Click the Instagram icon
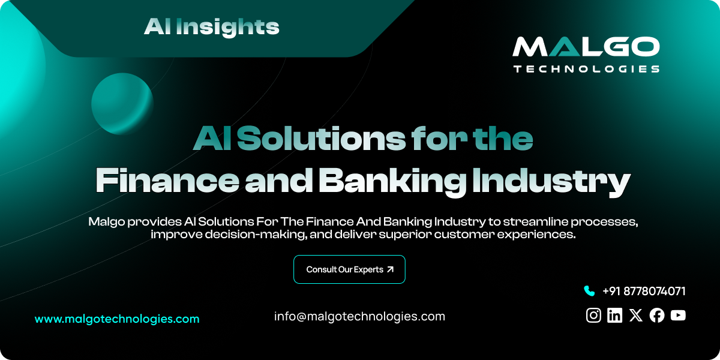pyautogui.click(x=593, y=315)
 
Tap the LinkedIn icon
pyautogui.click(x=614, y=315)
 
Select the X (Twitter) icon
pyautogui.click(x=636, y=315)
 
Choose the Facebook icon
pyautogui.click(x=657, y=315)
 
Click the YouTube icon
pyautogui.click(x=678, y=315)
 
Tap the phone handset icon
pyautogui.click(x=589, y=291)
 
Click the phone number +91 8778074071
pyautogui.click(x=644, y=291)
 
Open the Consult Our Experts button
pyautogui.click(x=349, y=269)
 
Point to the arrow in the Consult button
pyautogui.click(x=390, y=269)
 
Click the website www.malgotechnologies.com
pyautogui.click(x=117, y=319)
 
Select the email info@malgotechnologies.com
pyautogui.click(x=359, y=316)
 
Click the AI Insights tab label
pyautogui.click(x=211, y=26)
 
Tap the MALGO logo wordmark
pyautogui.click(x=586, y=48)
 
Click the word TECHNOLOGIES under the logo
pyautogui.click(x=586, y=69)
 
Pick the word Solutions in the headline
pyautogui.click(x=320, y=139)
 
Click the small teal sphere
pyautogui.click(x=122, y=103)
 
